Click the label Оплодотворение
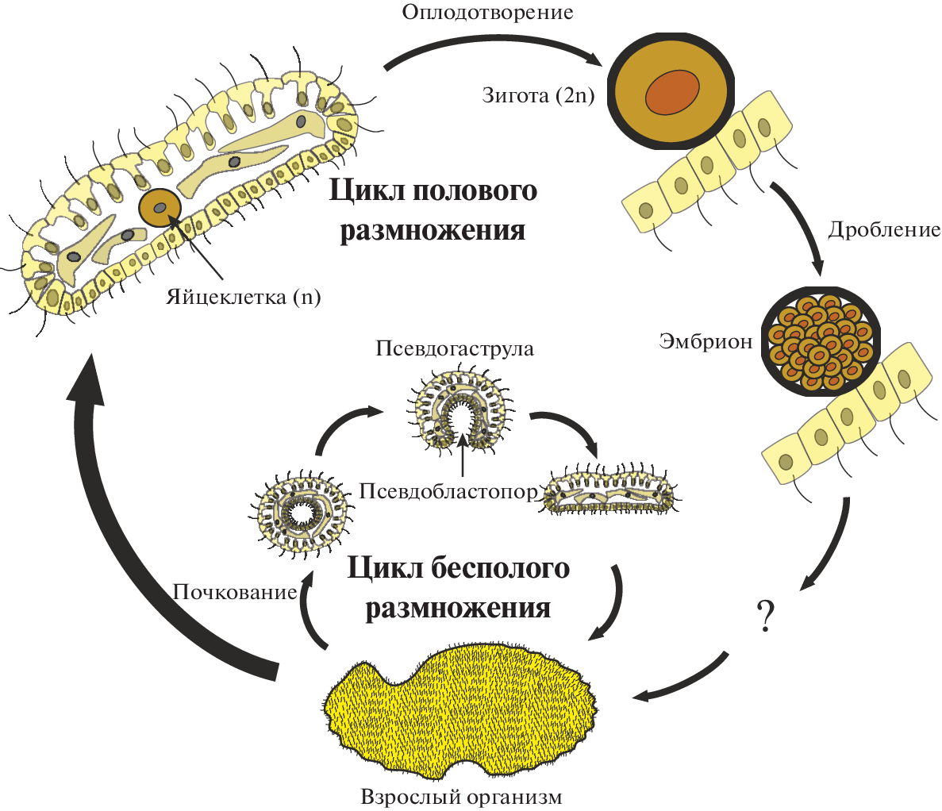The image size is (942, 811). [487, 13]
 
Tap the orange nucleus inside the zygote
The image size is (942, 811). [672, 92]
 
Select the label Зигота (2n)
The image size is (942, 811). [538, 96]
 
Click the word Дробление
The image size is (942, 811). [883, 230]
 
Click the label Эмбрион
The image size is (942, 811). [705, 341]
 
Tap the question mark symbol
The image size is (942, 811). [765, 615]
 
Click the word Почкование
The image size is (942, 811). [235, 591]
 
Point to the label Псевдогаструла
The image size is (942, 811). [455, 349]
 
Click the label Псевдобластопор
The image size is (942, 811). [448, 490]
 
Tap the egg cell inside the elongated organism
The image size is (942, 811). [160, 208]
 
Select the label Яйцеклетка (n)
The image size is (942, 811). [244, 298]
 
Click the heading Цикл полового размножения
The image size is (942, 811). [433, 210]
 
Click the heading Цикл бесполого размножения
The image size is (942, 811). [458, 588]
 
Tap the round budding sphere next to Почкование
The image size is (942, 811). [301, 513]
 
